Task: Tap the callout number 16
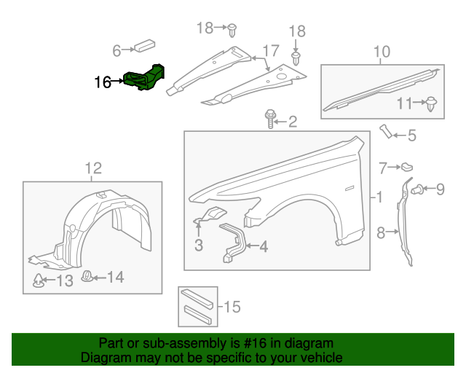coord(103,82)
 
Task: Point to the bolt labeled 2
coord(271,119)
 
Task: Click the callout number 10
coord(382,52)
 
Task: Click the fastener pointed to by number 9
coord(418,190)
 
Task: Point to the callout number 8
coord(380,233)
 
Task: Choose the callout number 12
coord(92,168)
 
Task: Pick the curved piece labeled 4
coord(233,242)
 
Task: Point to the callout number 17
coord(270,52)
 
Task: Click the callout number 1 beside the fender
coord(378,197)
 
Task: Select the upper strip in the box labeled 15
coord(198,297)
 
